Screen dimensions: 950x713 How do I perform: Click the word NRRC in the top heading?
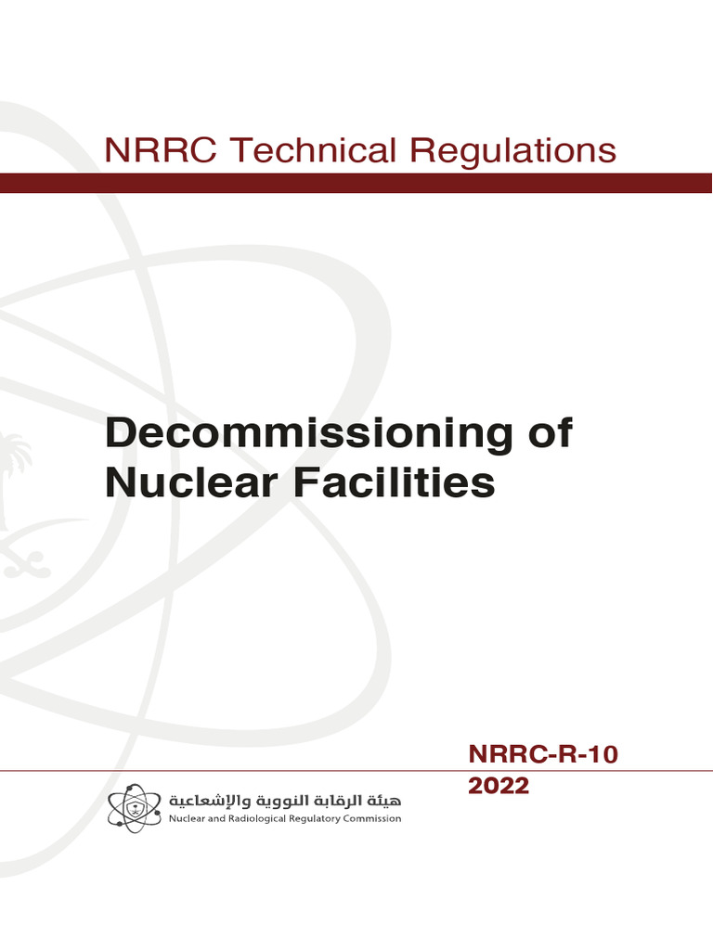161,150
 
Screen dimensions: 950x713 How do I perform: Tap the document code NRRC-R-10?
541,756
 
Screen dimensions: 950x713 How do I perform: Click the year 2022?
499,786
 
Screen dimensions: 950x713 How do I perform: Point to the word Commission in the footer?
369,819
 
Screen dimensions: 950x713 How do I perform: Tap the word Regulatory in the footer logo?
305,819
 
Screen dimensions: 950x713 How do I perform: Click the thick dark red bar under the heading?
356,183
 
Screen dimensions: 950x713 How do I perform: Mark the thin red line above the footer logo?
232,770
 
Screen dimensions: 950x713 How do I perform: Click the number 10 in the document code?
599,756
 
